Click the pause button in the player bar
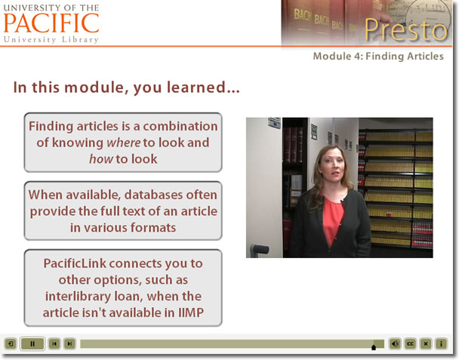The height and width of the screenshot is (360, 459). tap(32, 343)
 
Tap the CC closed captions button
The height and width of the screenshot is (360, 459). tap(410, 343)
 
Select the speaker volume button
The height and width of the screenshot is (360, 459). tap(395, 343)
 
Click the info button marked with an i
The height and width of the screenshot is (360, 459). tap(441, 343)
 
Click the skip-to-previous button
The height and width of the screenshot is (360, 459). tap(54, 343)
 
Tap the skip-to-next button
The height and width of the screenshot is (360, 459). tap(69, 343)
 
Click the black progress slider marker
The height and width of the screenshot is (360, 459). tap(374, 347)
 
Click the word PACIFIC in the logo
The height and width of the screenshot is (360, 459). tap(51, 23)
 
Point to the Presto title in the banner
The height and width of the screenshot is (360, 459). tap(406, 29)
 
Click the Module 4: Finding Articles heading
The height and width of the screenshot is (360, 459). tap(378, 56)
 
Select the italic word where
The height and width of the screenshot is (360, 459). tap(124, 143)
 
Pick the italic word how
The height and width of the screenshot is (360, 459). tap(101, 159)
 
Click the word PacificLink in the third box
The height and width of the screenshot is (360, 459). tap(75, 263)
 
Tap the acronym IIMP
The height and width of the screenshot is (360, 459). tap(191, 312)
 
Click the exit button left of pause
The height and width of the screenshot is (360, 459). tap(11, 343)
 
